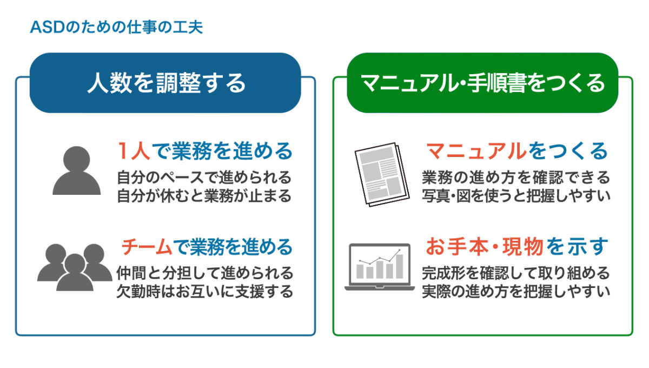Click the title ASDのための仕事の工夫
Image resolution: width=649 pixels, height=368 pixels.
pos(116,27)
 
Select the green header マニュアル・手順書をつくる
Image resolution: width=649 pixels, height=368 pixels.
pos(482,83)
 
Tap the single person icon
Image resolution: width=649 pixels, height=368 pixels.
pos(76,170)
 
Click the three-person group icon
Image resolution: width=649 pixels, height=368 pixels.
pos(75,267)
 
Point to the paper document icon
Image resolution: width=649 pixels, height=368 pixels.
pos(382,174)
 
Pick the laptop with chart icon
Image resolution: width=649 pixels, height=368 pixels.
pos(380,267)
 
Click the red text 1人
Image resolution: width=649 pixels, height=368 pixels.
pos(134,151)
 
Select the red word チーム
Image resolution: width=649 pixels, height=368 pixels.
pos(147,247)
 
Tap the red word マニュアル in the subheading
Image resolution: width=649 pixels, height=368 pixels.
pos(476,151)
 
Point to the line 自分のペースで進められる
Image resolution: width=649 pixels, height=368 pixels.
pos(204,178)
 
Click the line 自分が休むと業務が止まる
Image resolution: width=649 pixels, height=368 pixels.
pos(204,196)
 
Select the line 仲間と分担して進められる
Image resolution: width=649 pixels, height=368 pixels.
pos(205,273)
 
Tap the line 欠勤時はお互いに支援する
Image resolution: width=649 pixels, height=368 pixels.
pos(205,292)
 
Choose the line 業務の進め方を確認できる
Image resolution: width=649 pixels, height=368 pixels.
pos(516,178)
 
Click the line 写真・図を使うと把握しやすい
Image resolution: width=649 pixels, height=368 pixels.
pos(516,196)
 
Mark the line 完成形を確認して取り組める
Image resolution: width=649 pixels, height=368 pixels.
pos(516,273)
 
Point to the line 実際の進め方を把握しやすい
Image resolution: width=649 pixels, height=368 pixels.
pos(516,292)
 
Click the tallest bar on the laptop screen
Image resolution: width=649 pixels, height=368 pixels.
pos(400,266)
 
